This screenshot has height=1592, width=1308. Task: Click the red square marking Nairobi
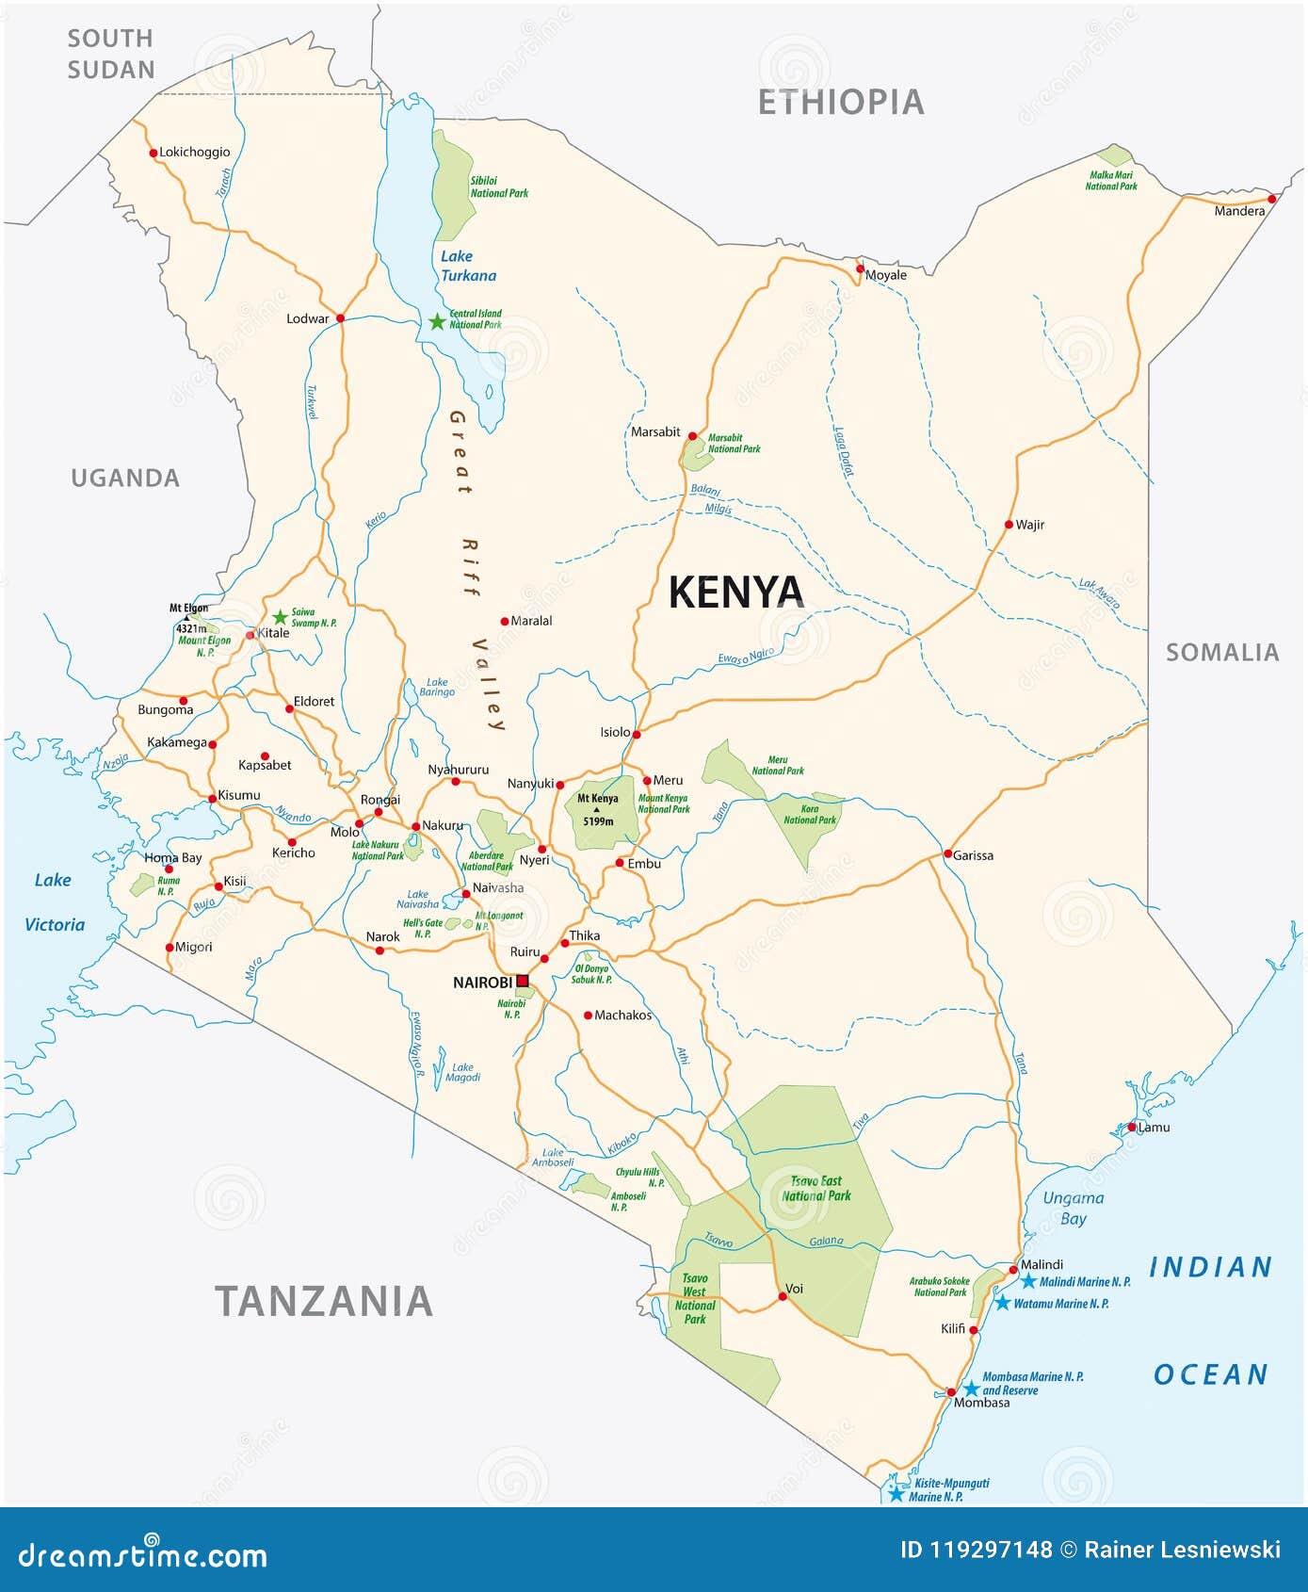point(523,981)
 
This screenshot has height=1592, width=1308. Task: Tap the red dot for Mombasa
point(951,1391)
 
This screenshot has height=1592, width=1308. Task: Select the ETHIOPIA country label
point(841,102)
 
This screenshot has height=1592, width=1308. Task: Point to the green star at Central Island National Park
point(437,322)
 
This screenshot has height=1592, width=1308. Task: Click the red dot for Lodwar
point(340,318)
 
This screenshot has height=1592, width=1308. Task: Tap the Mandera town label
point(1239,211)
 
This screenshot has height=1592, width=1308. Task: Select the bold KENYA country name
point(735,592)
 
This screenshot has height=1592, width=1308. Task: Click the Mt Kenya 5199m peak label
point(598,809)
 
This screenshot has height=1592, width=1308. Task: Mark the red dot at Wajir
point(1009,525)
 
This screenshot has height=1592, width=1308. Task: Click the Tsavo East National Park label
point(816,1188)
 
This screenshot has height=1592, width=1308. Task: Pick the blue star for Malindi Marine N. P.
point(1028,1281)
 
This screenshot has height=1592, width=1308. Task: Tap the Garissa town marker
point(948,853)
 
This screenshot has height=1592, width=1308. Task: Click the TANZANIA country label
point(324,1301)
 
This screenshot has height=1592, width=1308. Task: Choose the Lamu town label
point(1155,1127)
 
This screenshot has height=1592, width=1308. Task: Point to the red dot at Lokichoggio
point(153,153)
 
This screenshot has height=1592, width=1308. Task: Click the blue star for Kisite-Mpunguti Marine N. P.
point(896,1494)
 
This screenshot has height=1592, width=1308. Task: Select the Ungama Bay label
point(1073,1208)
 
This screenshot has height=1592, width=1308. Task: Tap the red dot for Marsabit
point(692,436)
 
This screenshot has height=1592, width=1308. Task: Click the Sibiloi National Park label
point(499,187)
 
